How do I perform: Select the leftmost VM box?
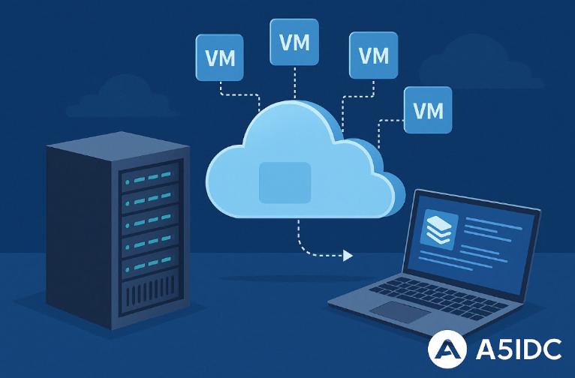point(219,56)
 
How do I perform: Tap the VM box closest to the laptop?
point(428,110)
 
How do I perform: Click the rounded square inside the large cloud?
point(284,182)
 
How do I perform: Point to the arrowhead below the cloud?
point(347,256)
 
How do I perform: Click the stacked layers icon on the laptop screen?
point(437,228)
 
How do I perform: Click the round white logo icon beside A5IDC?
point(447,349)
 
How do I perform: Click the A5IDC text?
point(517,349)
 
